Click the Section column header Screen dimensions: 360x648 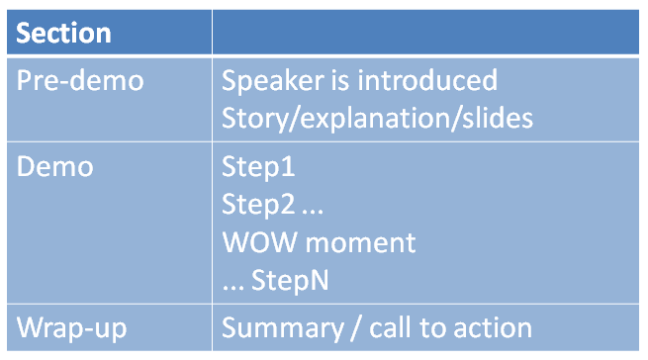(x=64, y=33)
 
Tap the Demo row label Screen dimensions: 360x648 (x=55, y=167)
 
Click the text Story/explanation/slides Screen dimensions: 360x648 (x=377, y=119)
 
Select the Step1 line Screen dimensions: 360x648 (x=259, y=167)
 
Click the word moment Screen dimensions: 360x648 (x=361, y=242)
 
